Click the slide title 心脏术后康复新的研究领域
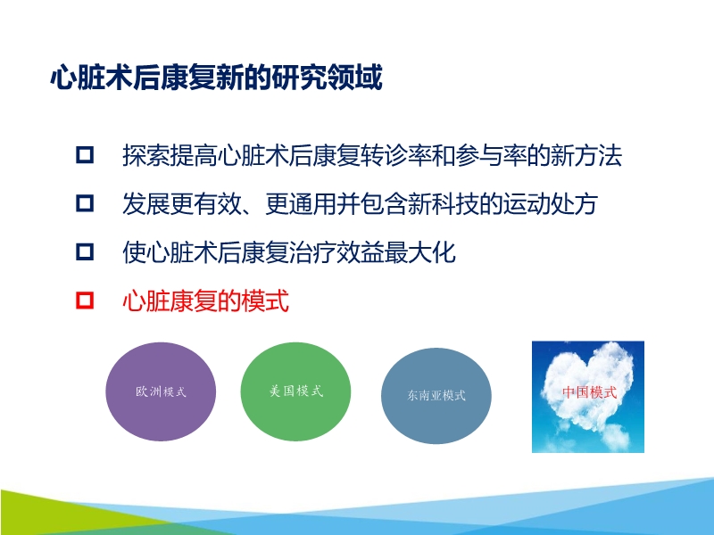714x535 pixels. [x=216, y=79]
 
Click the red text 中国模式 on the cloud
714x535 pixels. [x=589, y=391]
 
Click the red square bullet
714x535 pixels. [x=85, y=300]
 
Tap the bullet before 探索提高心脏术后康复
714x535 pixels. [x=85, y=156]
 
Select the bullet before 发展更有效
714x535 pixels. [x=85, y=204]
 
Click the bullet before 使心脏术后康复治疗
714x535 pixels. [x=85, y=252]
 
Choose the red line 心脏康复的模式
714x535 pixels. [x=206, y=300]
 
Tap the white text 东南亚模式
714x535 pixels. [x=436, y=395]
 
